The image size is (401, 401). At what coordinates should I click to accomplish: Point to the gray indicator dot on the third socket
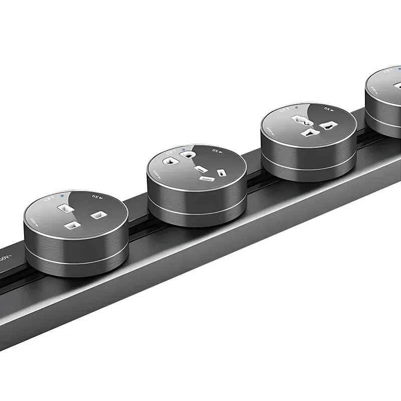[297, 107]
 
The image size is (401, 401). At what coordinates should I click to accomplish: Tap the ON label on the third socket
[329, 108]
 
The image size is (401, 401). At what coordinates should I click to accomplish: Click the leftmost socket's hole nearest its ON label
[97, 215]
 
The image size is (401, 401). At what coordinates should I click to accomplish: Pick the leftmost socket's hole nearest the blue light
[64, 207]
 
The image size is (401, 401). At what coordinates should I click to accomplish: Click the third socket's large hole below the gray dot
[302, 120]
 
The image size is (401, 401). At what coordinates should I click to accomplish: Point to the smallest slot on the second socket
[221, 173]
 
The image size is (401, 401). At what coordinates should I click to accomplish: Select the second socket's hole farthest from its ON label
[169, 161]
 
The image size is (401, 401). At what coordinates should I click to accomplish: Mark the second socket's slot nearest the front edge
[206, 178]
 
